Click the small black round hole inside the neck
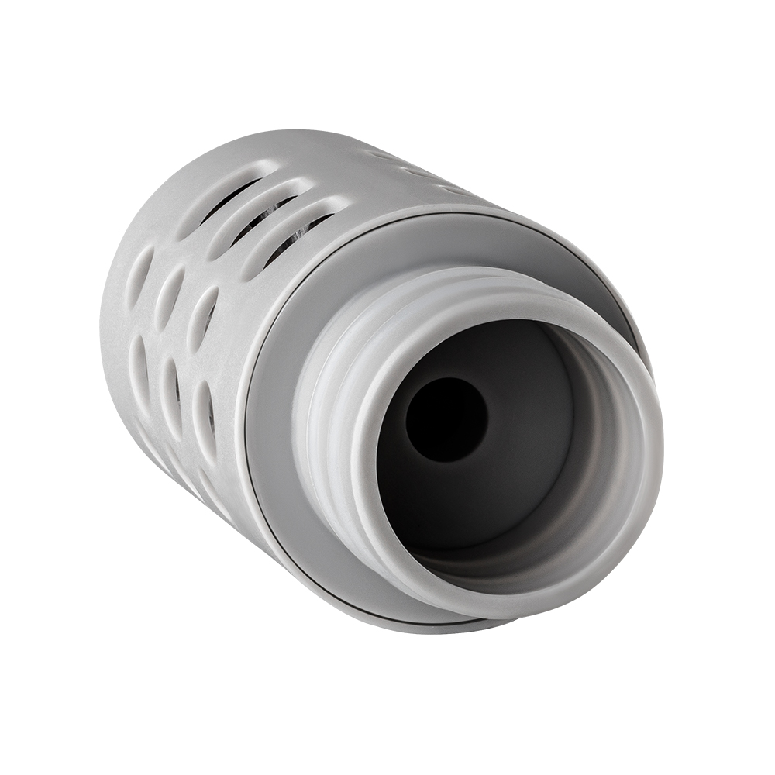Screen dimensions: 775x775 click(x=446, y=419)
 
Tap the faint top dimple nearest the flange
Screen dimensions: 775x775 click(x=453, y=188)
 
